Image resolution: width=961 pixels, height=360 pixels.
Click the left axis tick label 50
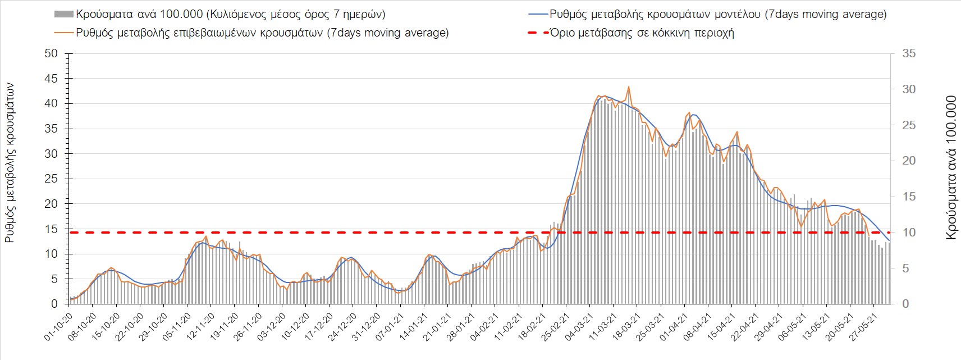[x=51, y=53]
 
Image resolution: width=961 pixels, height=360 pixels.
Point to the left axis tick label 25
[x=51, y=179]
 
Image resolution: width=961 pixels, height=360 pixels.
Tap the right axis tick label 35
[x=909, y=53]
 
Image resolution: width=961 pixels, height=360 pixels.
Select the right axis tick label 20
[x=909, y=161]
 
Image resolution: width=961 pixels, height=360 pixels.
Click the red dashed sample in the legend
[x=537, y=33]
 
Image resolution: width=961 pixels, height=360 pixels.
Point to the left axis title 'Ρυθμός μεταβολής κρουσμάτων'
[x=9, y=163]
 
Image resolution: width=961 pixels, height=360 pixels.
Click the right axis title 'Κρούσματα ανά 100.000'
[x=951, y=167]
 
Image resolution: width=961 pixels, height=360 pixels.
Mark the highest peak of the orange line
[x=629, y=86]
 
